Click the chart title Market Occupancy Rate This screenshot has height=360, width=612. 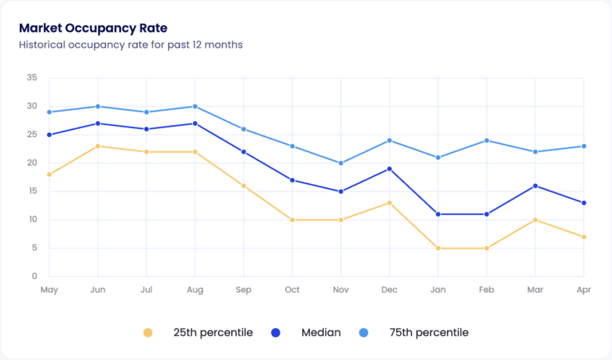(x=92, y=28)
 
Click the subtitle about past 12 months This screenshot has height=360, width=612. (x=131, y=45)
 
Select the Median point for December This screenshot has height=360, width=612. (x=390, y=169)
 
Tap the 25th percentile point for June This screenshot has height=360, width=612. (x=98, y=146)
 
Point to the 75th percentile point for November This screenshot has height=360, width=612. (x=341, y=163)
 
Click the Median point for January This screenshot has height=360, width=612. (x=438, y=214)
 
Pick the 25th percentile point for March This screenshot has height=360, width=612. (x=535, y=220)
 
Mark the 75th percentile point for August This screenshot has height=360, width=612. (x=195, y=106)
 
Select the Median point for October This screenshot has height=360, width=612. (x=292, y=180)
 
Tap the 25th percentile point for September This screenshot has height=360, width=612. (x=244, y=186)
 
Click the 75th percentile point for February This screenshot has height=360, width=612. (x=487, y=140)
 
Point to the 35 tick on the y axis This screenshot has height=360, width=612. (x=32, y=78)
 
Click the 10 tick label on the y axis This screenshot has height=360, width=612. (x=32, y=220)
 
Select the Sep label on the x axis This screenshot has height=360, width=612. (x=244, y=290)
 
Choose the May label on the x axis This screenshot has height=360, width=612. (x=49, y=290)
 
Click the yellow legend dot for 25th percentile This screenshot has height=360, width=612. (x=147, y=332)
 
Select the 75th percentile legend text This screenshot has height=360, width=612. (x=429, y=332)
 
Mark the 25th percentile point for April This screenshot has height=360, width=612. (x=584, y=237)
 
